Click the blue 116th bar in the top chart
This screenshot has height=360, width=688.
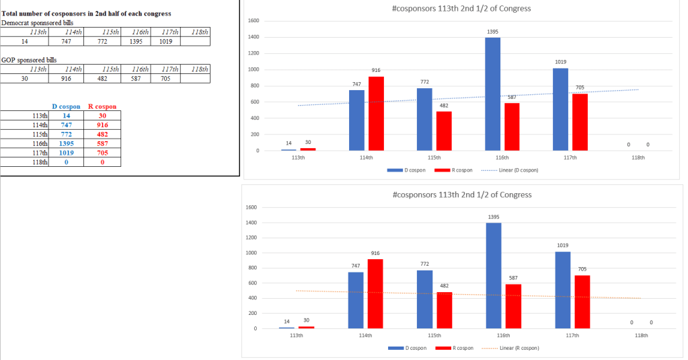click(x=492, y=94)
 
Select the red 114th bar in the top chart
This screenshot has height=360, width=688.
click(x=376, y=113)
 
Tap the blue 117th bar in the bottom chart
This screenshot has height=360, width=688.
click(x=564, y=290)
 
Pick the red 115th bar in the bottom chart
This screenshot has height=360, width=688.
click(x=444, y=310)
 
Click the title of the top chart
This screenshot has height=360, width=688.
click(x=461, y=8)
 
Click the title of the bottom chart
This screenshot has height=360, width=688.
click(x=461, y=194)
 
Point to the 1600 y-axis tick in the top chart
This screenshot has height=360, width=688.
click(x=254, y=21)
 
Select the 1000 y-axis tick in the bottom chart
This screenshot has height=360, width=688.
click(x=253, y=253)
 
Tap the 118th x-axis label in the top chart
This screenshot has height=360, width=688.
click(x=638, y=157)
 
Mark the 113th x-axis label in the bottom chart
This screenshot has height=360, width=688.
click(x=296, y=335)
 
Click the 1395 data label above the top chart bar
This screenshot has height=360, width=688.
click(x=493, y=32)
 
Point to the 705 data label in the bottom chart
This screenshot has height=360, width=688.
click(x=582, y=268)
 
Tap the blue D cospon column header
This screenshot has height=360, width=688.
click(x=67, y=107)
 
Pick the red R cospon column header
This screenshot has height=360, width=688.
click(x=102, y=107)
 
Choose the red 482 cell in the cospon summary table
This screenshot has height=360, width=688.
click(x=102, y=134)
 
